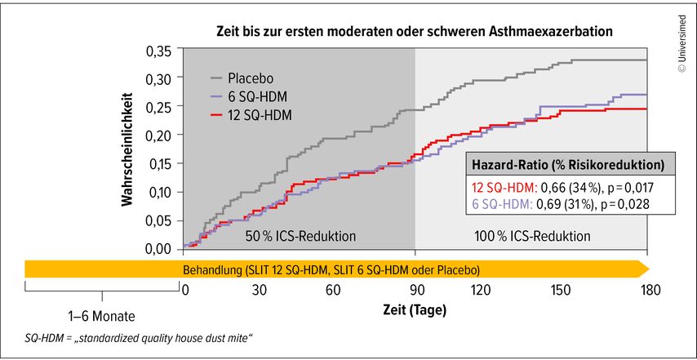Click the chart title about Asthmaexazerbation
pyautogui.click(x=415, y=30)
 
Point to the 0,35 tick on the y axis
pyautogui.click(x=161, y=51)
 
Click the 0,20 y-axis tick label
pyautogui.click(x=161, y=136)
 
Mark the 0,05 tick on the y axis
pyautogui.click(x=161, y=220)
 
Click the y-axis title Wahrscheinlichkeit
pyautogui.click(x=128, y=149)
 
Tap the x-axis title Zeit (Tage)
pyautogui.click(x=415, y=311)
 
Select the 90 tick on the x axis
pyautogui.click(x=415, y=291)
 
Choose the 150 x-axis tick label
pyautogui.click(x=561, y=291)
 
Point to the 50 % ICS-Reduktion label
pyautogui.click(x=300, y=236)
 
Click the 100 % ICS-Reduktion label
pyautogui.click(x=532, y=236)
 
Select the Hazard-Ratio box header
pyautogui.click(x=570, y=164)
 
